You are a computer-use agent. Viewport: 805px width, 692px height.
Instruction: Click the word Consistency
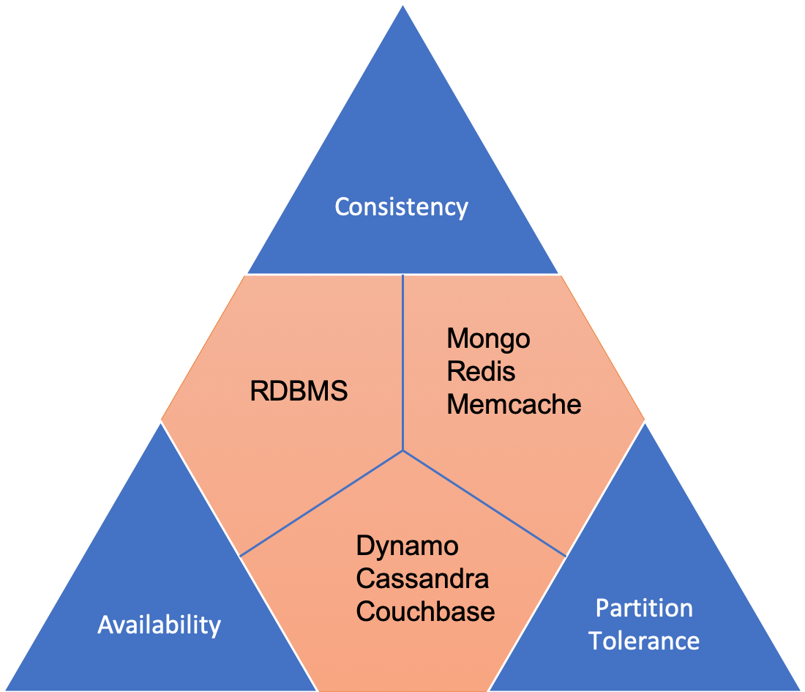pos(401,207)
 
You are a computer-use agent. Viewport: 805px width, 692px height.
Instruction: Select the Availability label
pos(159,625)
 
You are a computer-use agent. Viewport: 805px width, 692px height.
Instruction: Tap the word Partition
pos(644,609)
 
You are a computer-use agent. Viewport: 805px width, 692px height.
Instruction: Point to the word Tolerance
pos(644,641)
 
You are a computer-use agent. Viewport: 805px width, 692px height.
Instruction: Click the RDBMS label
pos(299,392)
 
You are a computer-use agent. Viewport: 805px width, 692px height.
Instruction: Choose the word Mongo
pos(488,339)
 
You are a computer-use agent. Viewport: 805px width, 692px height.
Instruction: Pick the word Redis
pos(481,371)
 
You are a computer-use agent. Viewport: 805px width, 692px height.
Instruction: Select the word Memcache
pos(514,404)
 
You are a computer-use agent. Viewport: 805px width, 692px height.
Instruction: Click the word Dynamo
pos(407,546)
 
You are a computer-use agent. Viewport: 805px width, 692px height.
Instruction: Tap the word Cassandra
pos(422,579)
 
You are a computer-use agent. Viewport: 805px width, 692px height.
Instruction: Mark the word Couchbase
pos(425,611)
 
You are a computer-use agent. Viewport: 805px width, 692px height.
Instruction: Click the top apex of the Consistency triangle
pos(403,4)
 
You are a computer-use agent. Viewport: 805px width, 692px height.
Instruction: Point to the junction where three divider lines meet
pos(403,450)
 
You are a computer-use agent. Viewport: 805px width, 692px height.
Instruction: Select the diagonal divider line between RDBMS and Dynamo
pos(322,502)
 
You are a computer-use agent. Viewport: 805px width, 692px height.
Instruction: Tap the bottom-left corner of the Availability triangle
pos(3,689)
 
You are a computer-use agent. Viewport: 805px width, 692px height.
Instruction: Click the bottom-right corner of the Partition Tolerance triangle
pos(802,689)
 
